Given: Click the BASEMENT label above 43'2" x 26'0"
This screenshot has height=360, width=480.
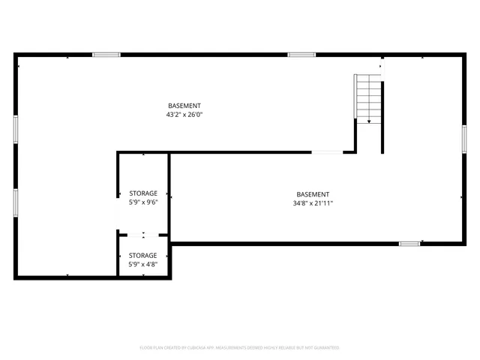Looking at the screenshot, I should pos(184,106).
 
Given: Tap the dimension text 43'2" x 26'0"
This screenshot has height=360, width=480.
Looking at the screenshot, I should pos(184,115).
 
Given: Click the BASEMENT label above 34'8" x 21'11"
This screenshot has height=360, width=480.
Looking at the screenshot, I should pos(313,194).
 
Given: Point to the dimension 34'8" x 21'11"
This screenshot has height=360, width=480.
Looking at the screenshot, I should pos(313,203).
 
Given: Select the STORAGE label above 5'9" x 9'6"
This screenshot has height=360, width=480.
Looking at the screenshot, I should pos(143,193).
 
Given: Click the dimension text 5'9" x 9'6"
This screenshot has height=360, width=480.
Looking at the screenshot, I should pos(143,202).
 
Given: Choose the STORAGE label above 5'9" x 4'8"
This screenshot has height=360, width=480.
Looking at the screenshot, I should pos(143,256).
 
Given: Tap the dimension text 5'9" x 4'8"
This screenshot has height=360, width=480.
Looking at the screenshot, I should pos(143,265).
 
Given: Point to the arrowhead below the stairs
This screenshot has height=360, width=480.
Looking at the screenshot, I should pos(369,121).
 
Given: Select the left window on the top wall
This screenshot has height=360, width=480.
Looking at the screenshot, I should pos(106,55).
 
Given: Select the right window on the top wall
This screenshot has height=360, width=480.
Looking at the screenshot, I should pos(301,55).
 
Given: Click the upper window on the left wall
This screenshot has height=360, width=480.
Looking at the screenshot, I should pos(16,128).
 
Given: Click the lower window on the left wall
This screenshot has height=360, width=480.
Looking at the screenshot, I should pos(16,202).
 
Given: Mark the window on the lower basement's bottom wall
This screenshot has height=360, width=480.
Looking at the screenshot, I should pos(409,243).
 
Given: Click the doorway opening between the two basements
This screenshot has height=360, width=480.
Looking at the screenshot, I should pos(327,152).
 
